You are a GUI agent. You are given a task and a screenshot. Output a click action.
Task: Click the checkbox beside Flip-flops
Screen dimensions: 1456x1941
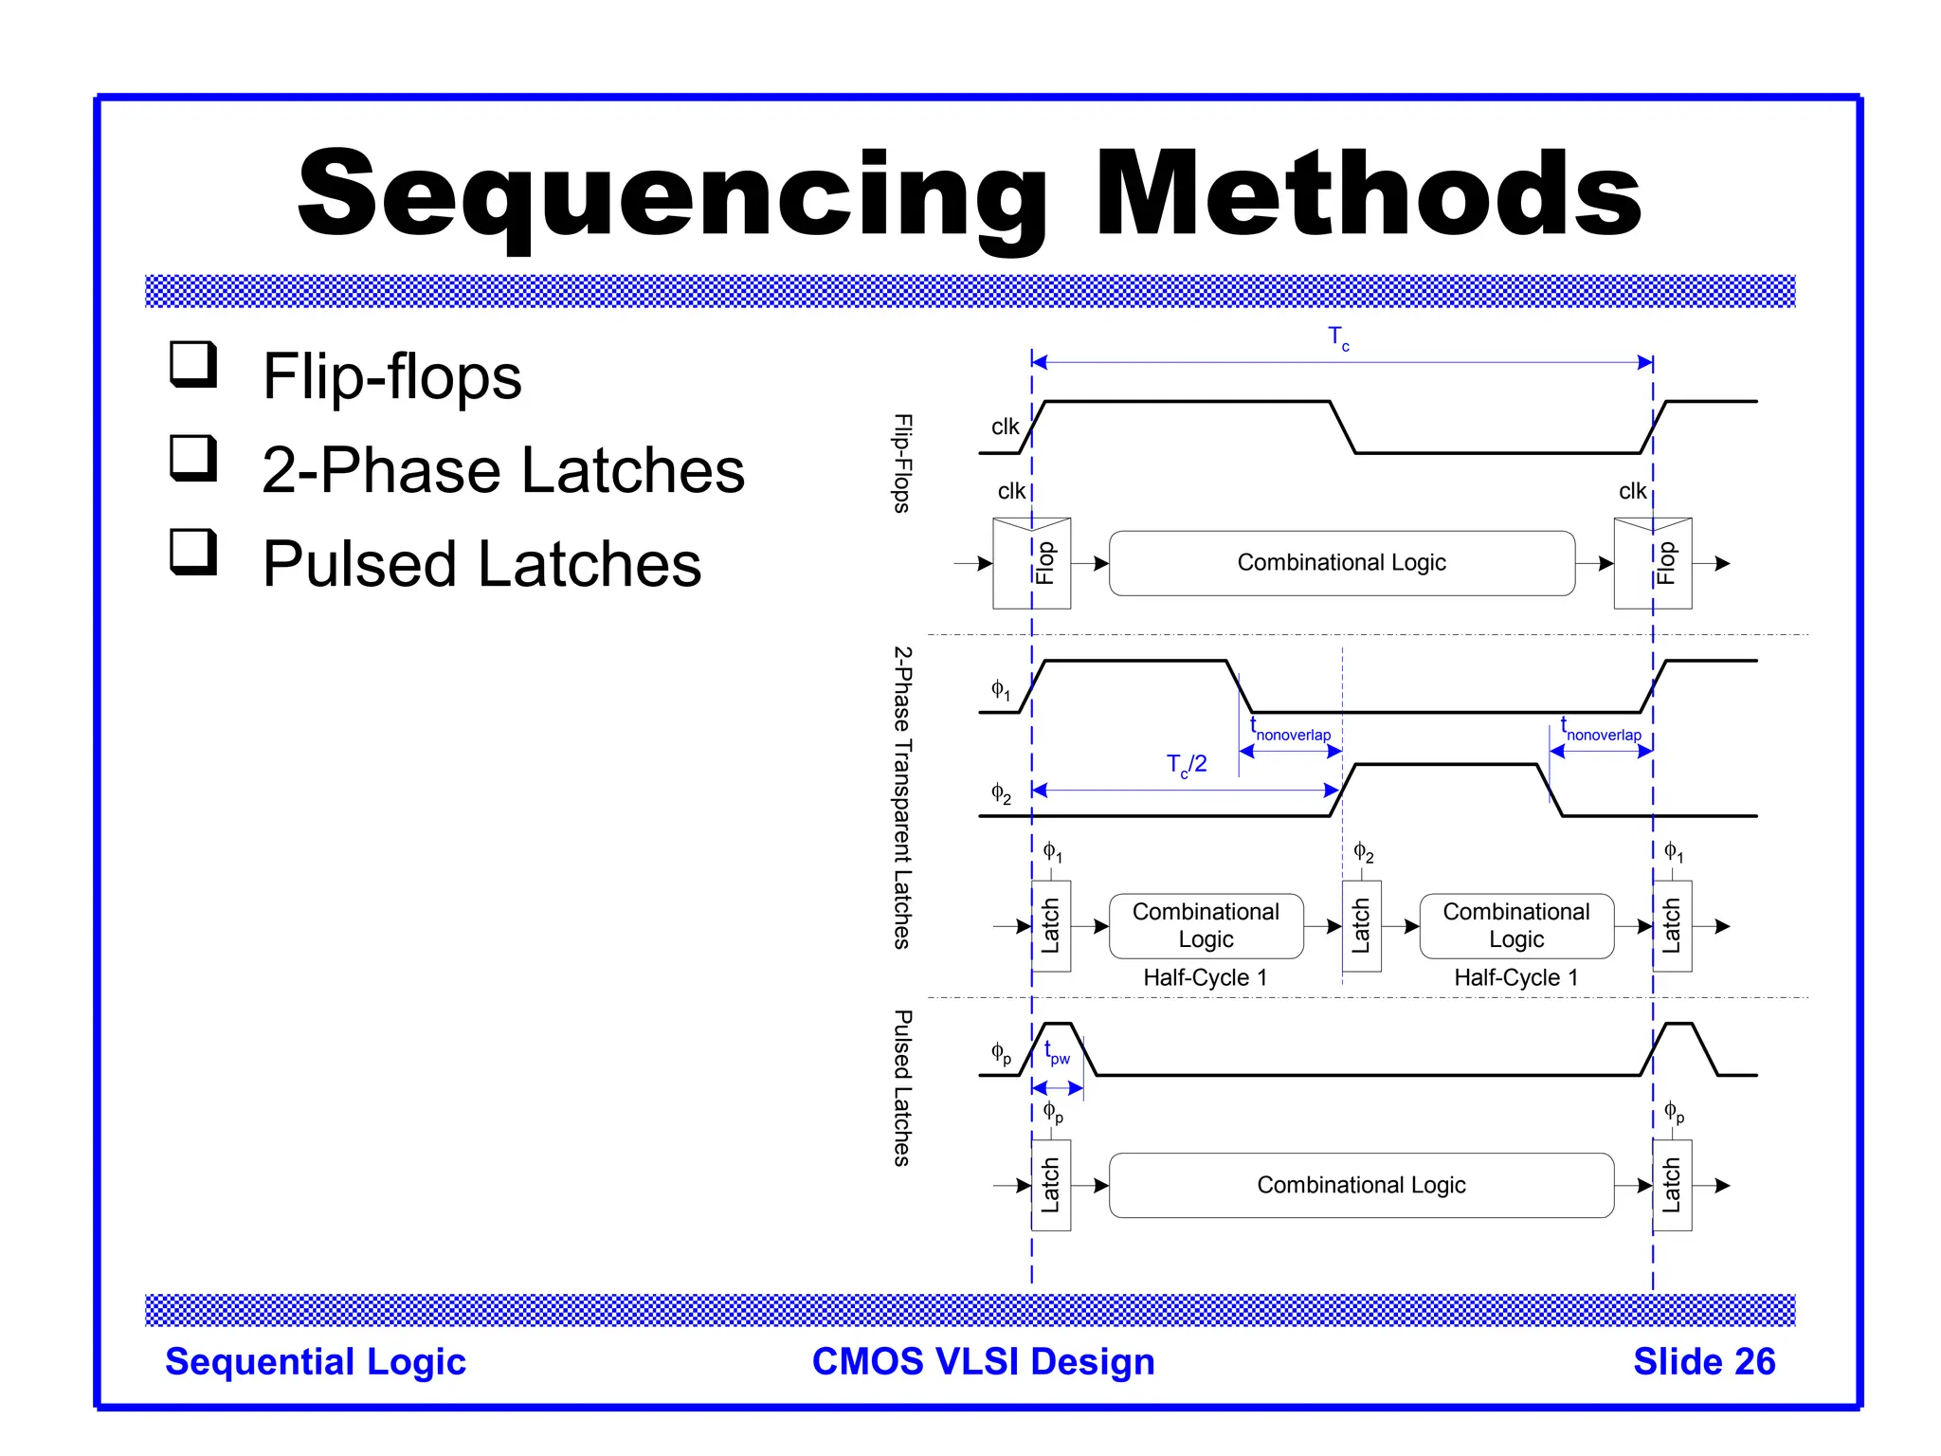[x=193, y=364]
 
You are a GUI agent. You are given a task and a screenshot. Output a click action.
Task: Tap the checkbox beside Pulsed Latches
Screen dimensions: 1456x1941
[x=193, y=552]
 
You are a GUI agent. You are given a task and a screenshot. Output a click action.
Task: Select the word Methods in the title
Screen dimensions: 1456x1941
[x=1368, y=194]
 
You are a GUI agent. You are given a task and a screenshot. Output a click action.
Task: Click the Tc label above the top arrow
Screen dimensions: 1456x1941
[x=1337, y=337]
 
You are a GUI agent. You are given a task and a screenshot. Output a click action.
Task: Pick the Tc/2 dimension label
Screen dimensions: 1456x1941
[x=1186, y=765]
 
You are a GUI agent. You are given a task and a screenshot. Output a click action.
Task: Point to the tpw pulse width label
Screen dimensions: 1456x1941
[x=1056, y=1053]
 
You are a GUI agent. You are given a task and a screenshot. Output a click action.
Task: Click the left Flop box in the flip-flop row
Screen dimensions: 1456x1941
[x=1031, y=563]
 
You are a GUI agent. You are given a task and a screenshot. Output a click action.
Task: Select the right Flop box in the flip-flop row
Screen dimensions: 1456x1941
[x=1652, y=563]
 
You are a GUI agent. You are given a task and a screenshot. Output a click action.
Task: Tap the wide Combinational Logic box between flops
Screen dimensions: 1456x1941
[x=1341, y=563]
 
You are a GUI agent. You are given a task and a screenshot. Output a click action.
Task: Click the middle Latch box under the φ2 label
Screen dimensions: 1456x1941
[x=1361, y=926]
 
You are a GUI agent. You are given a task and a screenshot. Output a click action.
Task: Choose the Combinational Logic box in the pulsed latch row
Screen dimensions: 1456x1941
[x=1361, y=1185]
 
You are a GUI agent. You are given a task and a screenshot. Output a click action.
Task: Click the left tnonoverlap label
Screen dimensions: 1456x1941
[x=1290, y=732]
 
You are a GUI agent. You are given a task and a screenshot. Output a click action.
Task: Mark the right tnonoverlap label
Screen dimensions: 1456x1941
[x=1601, y=732]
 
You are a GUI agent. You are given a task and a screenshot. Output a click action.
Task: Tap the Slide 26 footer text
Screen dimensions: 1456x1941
[x=1703, y=1361]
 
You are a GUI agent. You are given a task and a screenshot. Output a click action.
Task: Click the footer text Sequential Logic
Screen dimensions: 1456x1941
[x=316, y=1361]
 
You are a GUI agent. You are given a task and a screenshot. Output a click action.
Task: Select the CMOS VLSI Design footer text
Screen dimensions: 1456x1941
[x=983, y=1361]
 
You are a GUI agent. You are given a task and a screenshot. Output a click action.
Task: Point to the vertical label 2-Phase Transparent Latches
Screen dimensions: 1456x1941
[x=902, y=797]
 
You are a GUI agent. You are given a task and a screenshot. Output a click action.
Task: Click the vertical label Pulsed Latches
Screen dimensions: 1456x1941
[x=902, y=1087]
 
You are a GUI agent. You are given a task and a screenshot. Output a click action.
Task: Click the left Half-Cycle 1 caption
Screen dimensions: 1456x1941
[x=1205, y=977]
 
